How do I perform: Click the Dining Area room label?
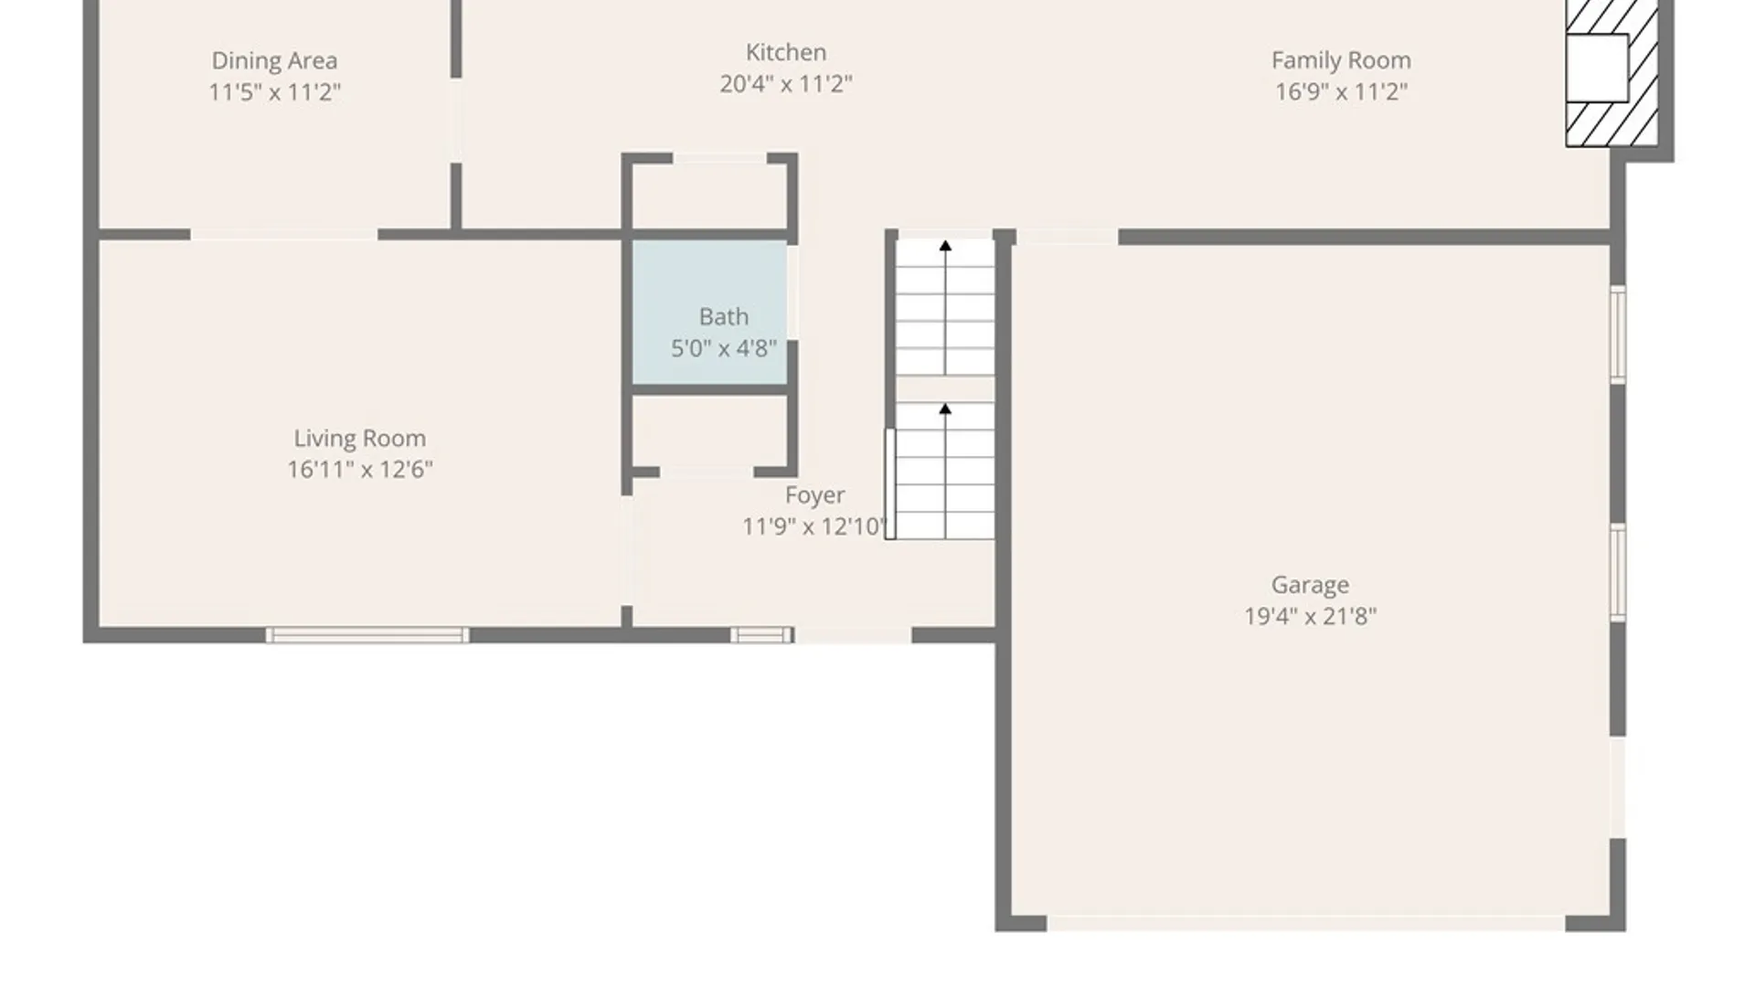point(274,60)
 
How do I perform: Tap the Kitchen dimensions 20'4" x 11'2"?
point(786,84)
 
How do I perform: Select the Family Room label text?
point(1341,60)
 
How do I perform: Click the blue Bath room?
point(710,313)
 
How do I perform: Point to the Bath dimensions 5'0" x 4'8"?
point(724,348)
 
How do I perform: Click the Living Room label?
point(360,439)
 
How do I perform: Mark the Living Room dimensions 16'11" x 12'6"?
point(360,470)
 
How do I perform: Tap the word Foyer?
point(814,495)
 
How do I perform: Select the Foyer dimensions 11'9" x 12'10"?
point(814,526)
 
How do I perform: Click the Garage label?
point(1310,585)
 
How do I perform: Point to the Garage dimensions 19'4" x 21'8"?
point(1310,616)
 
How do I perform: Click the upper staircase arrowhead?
point(945,246)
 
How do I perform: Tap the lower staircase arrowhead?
point(945,409)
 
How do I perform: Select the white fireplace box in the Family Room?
point(1598,69)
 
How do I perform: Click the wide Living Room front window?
point(367,635)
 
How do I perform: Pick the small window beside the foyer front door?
point(761,635)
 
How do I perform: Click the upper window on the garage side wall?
point(1618,334)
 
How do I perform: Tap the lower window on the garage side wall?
point(1618,573)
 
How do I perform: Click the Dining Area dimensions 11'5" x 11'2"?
point(274,92)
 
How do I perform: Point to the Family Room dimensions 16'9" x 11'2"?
point(1341,92)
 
